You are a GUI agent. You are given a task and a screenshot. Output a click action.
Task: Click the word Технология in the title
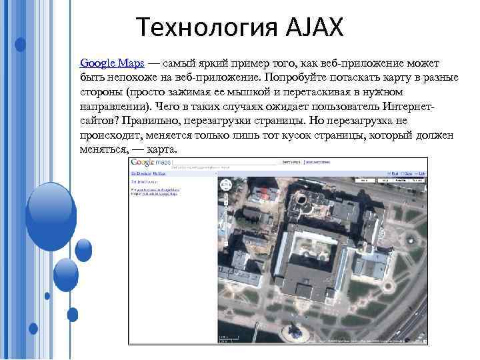[x=197, y=27]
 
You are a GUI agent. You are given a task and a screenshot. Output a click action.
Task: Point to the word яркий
[x=211, y=63]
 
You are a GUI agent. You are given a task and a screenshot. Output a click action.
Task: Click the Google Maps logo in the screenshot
[x=151, y=162]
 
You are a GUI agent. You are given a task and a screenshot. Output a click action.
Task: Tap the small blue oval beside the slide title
[x=20, y=45]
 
